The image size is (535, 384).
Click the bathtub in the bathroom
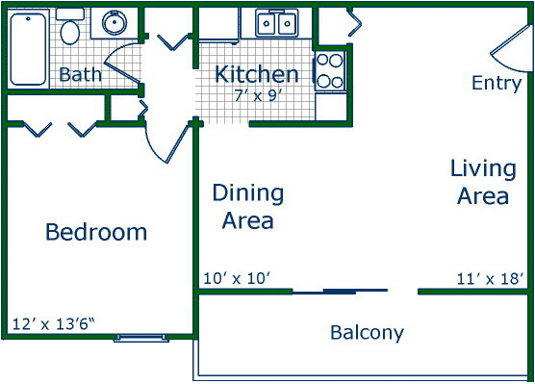point(28,49)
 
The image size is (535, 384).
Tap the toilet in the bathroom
point(70,27)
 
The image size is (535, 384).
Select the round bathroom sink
point(115,23)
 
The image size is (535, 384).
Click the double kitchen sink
point(276,23)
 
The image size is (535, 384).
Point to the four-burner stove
point(330,71)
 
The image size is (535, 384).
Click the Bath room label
point(80,74)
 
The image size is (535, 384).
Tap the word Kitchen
point(257,74)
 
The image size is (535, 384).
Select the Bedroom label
point(96,232)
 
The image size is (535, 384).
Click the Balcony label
point(367,332)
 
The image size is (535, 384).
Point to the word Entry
point(497,83)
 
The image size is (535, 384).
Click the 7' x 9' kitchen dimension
point(258,96)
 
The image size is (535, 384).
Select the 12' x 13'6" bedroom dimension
point(53,324)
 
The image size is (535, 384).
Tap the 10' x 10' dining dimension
point(237,278)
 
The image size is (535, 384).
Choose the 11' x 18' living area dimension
point(490,279)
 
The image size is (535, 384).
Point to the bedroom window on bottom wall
point(141,338)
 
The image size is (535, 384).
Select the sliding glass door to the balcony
point(340,292)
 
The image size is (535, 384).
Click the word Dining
point(248,193)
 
